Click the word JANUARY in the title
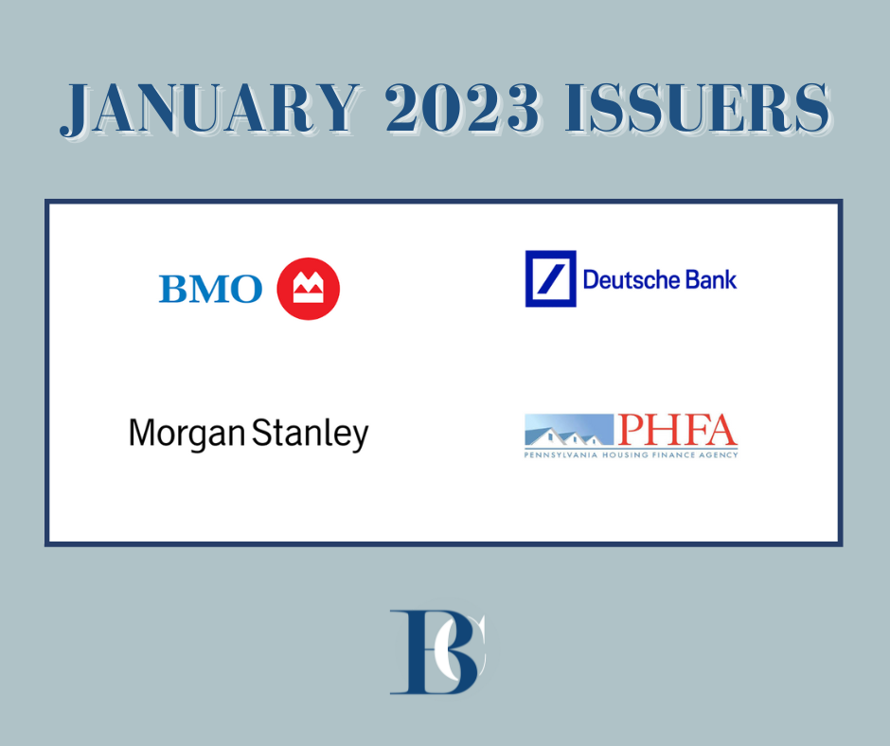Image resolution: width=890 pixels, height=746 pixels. click(210, 109)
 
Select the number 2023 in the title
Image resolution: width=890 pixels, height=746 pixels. click(462, 108)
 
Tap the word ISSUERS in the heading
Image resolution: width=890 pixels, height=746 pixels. click(698, 108)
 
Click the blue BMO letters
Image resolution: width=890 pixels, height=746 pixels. click(210, 289)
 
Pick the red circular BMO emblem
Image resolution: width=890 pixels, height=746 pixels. click(309, 289)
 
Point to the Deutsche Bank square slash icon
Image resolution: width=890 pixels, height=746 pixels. click(551, 278)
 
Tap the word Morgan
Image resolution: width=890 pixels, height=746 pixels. click(187, 435)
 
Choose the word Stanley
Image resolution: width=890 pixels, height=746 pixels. click(310, 435)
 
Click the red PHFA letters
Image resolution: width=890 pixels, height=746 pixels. click(677, 430)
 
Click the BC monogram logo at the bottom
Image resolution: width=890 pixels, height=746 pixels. click(438, 652)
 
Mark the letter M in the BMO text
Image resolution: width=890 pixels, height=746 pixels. click(210, 289)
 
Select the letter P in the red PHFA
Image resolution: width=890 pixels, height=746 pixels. click(632, 430)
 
